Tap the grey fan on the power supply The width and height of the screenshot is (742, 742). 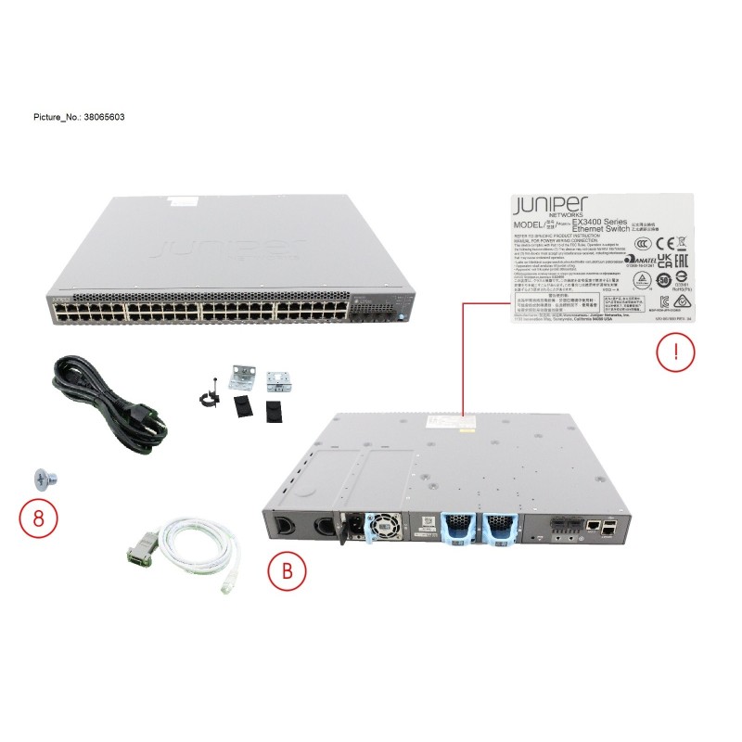(x=384, y=528)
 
